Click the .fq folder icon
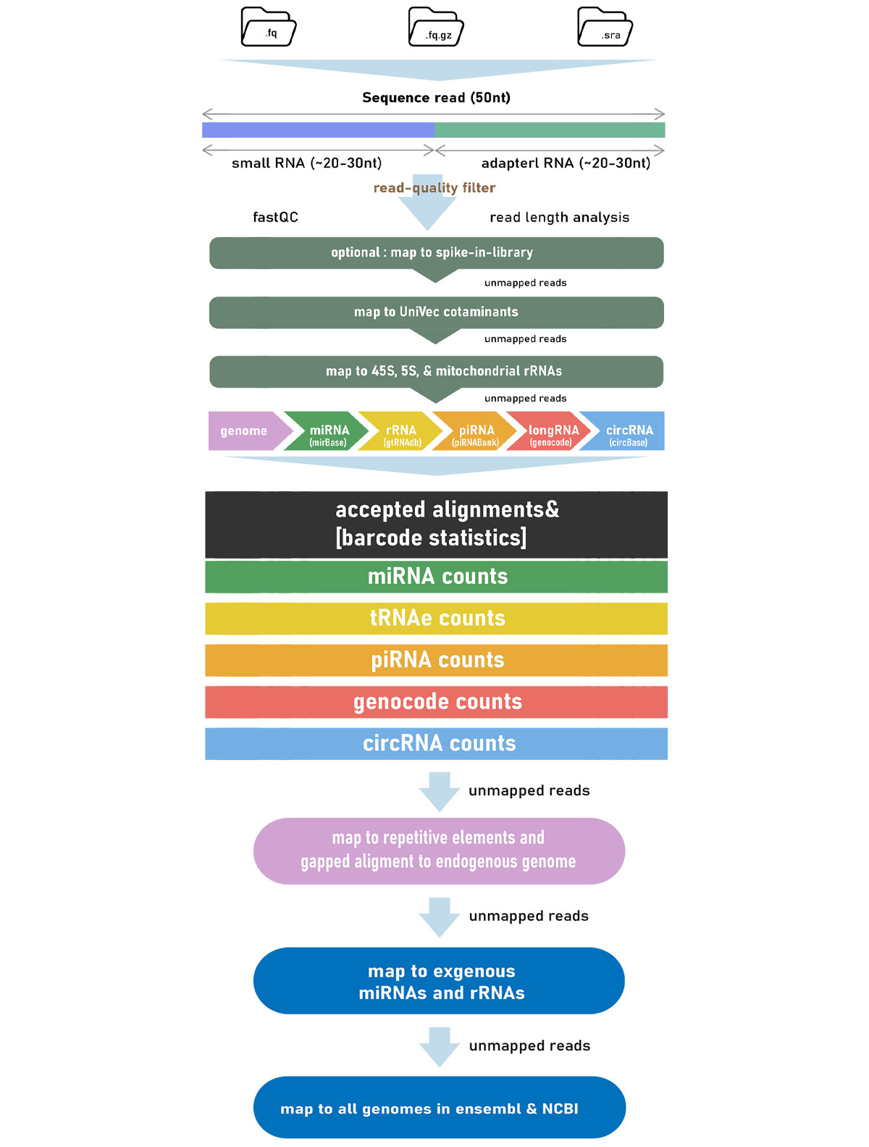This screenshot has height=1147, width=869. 268,27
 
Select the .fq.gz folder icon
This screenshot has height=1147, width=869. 435,27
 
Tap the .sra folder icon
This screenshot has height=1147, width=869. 604,27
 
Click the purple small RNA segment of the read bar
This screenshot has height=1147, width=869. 317,130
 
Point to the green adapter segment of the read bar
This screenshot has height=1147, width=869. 549,130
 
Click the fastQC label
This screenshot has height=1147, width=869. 275,217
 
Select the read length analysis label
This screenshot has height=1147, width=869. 559,217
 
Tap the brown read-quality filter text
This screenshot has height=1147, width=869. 434,188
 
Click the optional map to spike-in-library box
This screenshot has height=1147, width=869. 436,253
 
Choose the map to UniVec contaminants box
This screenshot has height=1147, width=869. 436,312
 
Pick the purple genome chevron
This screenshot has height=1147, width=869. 248,430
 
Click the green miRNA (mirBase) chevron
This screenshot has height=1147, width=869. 326,430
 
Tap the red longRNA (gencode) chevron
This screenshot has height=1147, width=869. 548,430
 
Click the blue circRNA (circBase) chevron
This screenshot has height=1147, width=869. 624,430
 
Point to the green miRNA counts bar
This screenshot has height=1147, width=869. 436,576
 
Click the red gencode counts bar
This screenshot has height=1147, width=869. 436,702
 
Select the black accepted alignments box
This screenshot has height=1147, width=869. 436,524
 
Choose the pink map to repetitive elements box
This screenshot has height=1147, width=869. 439,851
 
